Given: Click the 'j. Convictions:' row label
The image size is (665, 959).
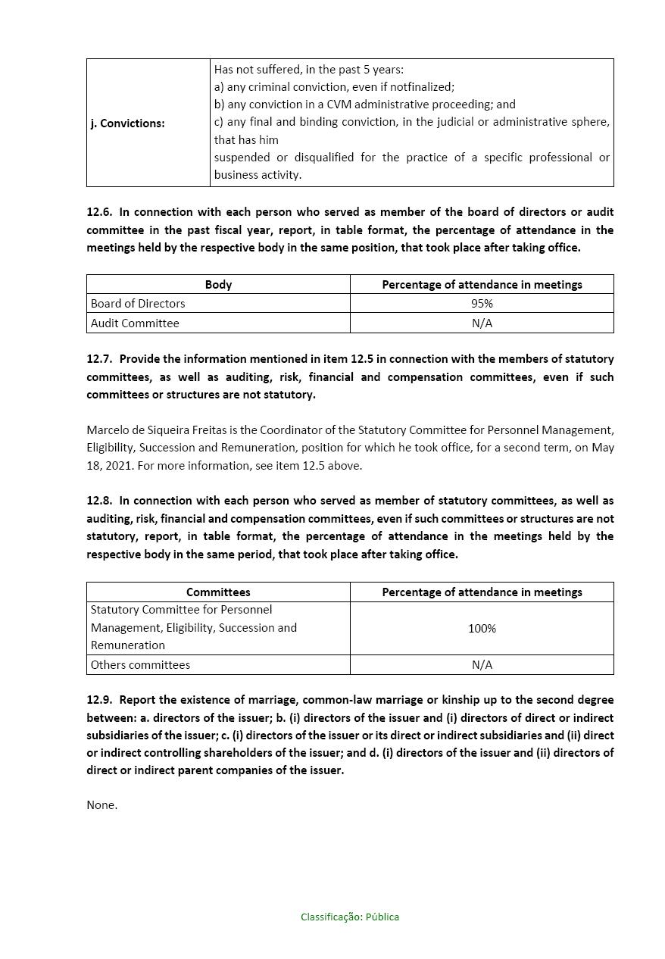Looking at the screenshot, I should click(x=127, y=123).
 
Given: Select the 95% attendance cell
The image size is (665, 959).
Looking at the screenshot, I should click(x=482, y=303).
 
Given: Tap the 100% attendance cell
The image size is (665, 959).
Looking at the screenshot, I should click(x=482, y=628).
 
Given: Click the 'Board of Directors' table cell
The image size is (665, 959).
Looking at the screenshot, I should click(x=138, y=303).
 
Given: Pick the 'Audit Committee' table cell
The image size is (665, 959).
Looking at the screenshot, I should click(x=135, y=323).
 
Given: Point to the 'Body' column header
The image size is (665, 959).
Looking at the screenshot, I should click(x=218, y=284).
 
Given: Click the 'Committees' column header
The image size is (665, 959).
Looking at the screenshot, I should click(x=218, y=592).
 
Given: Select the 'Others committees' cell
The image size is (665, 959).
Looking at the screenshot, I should click(x=140, y=664).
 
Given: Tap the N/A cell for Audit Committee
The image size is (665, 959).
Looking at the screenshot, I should click(x=482, y=323).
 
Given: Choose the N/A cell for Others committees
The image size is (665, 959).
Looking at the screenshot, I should click(x=482, y=664).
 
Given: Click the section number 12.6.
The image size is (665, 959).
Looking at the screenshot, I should click(x=99, y=212).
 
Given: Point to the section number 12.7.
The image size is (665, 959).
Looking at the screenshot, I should click(x=99, y=359).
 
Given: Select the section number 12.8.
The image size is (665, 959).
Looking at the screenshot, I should click(x=99, y=501).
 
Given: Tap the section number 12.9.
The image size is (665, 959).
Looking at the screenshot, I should click(x=99, y=700).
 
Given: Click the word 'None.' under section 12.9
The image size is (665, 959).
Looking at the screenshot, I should click(x=101, y=804).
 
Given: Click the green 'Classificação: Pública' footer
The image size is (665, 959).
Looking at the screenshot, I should click(x=350, y=917).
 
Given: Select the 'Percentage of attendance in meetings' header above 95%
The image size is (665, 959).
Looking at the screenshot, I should click(x=482, y=284).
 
